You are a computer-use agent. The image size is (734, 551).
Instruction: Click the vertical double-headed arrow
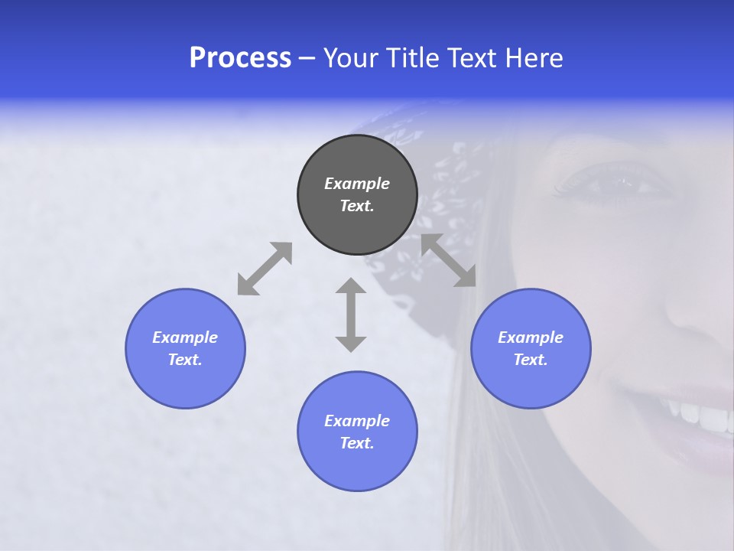click(351, 315)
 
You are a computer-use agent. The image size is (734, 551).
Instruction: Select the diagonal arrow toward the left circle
click(265, 269)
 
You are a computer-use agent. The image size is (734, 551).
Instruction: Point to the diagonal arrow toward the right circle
click(449, 260)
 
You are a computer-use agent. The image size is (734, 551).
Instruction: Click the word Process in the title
click(240, 58)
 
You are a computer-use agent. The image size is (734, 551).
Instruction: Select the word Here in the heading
click(534, 58)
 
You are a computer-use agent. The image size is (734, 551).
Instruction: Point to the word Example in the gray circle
click(357, 184)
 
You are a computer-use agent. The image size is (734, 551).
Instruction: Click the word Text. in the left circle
click(185, 360)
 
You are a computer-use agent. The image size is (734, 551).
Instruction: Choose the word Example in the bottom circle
click(357, 421)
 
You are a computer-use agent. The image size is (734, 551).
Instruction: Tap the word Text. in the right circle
click(531, 360)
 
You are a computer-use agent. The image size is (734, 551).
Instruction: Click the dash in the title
click(307, 58)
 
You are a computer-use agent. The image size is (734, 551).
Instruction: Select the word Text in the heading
click(474, 58)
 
